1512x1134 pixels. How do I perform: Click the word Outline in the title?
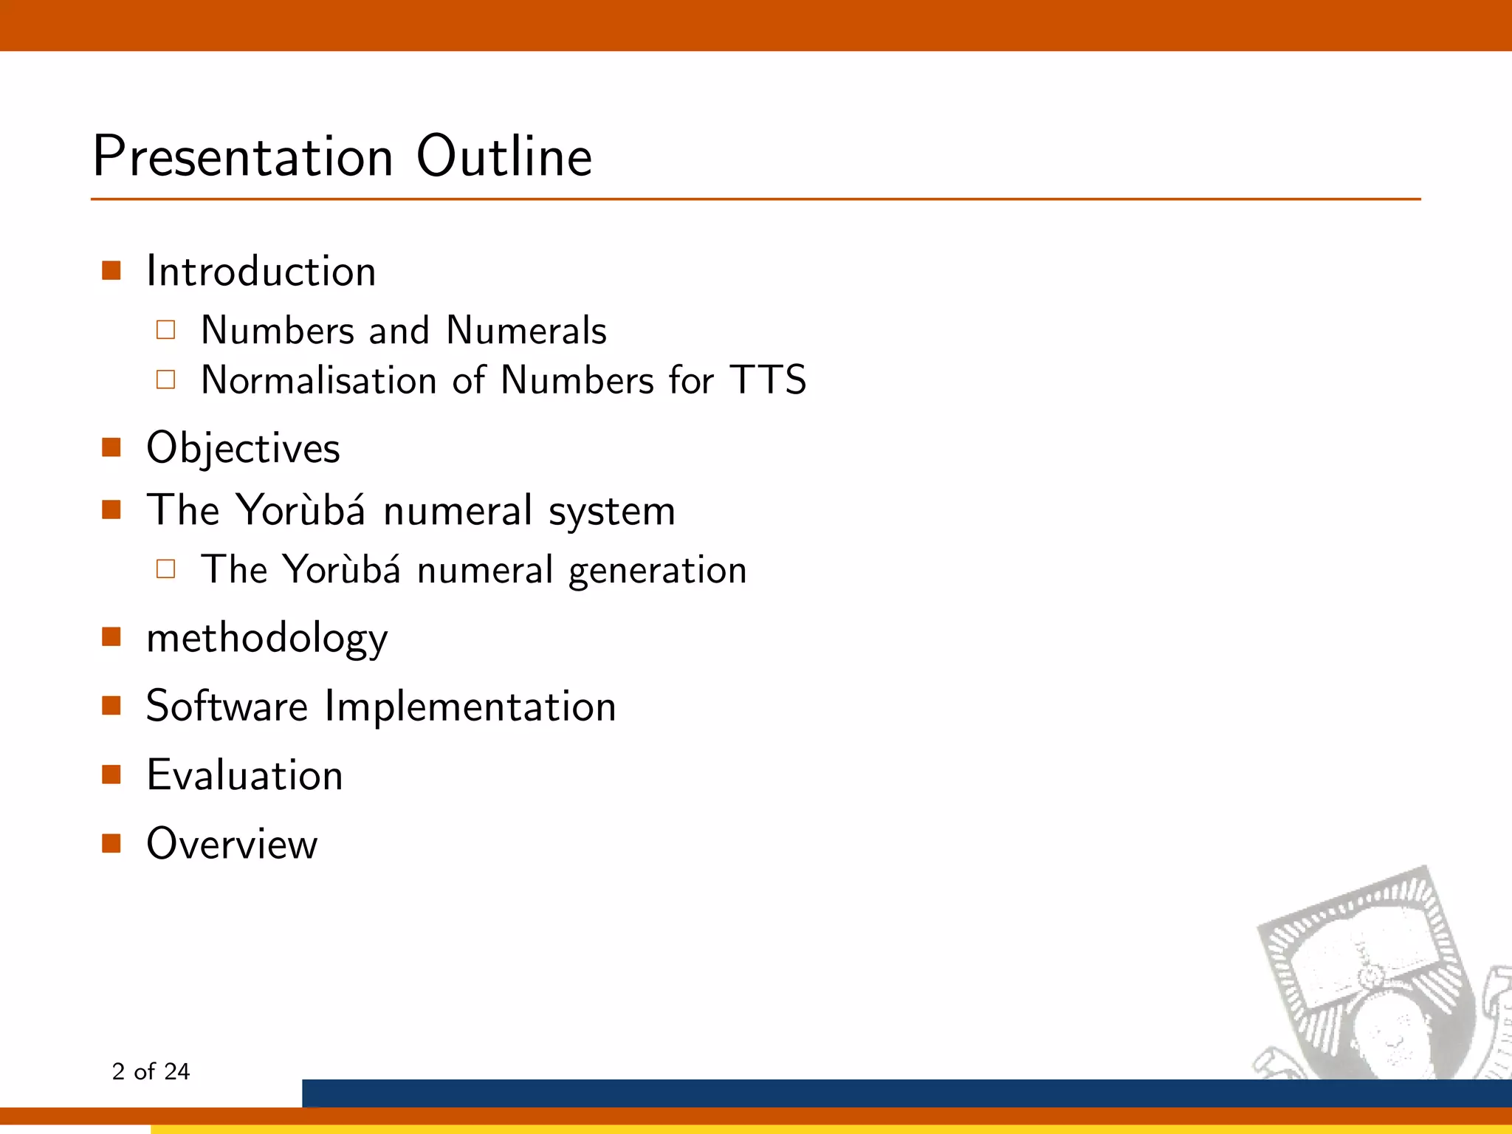[x=504, y=157]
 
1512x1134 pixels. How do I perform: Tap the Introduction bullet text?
[x=261, y=272]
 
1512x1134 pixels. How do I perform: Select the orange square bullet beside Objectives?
[x=111, y=447]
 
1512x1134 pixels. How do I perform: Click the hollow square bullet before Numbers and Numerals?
[x=166, y=329]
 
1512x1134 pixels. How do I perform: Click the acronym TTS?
[x=768, y=380]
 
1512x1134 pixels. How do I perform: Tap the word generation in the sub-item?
[x=657, y=571]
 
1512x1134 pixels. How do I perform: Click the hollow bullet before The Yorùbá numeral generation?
[x=166, y=568]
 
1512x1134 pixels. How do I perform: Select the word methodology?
[x=267, y=638]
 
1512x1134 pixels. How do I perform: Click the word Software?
[x=227, y=706]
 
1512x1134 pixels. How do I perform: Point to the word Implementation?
[x=470, y=706]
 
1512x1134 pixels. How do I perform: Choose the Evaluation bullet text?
[x=244, y=775]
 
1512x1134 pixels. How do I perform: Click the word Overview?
[x=232, y=844]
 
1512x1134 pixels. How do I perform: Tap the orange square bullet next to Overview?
[x=111, y=843]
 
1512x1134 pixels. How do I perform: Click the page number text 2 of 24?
[x=151, y=1071]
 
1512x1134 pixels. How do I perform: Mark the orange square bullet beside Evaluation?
[x=111, y=774]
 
